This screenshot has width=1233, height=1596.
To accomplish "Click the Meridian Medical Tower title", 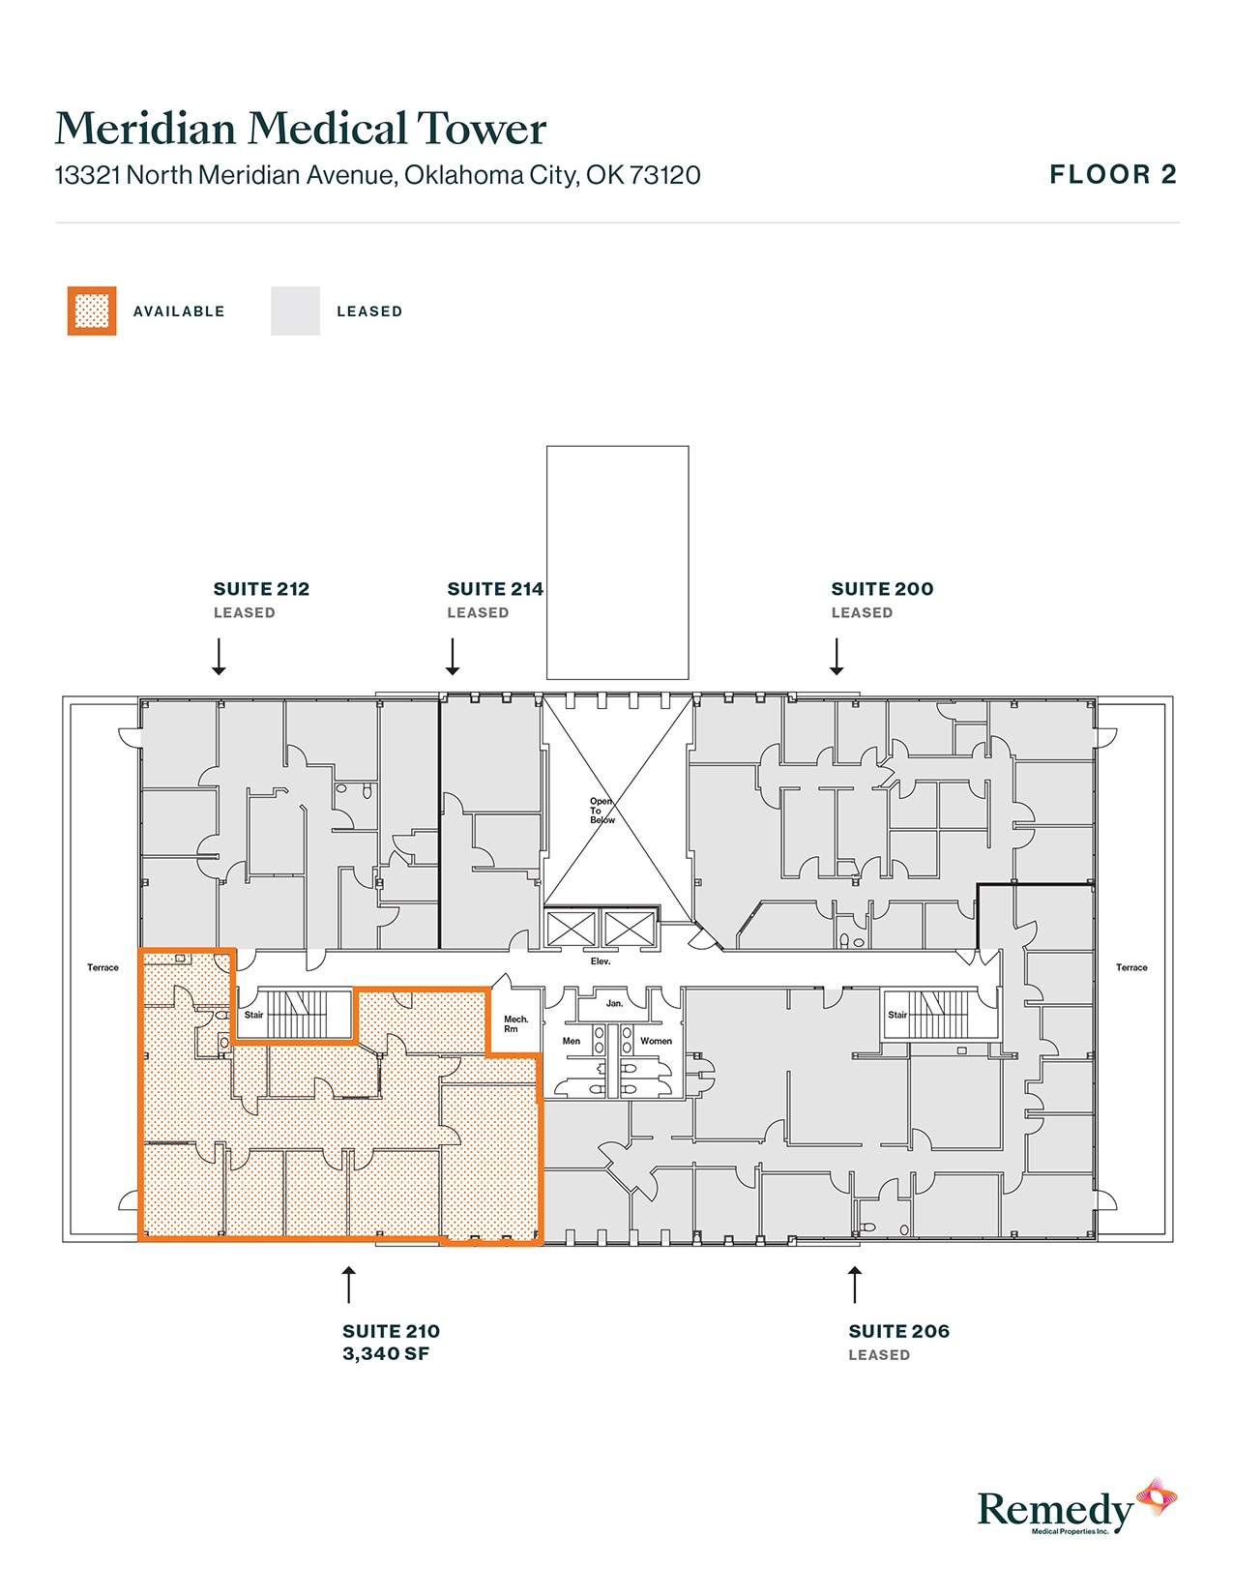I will coord(301,129).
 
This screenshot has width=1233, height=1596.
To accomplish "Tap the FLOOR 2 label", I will coord(1112,175).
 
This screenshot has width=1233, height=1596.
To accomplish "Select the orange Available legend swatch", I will coord(92,311).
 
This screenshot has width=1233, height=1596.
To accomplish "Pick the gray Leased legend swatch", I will coord(295,311).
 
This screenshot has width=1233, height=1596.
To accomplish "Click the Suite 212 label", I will coord(261,589).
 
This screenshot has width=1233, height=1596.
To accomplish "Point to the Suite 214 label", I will coord(494,589).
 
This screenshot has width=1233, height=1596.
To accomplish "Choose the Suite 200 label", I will coord(882,589).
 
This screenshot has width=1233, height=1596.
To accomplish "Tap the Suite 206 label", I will coord(898,1332).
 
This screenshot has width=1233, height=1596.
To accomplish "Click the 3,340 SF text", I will coord(386,1354).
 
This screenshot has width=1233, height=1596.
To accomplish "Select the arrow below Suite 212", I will coord(220,657).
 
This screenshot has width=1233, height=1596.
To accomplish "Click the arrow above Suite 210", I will coord(349,1285).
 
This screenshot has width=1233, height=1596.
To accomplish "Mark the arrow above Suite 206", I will coord(854,1285).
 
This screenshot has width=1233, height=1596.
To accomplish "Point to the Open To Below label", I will coord(602,811).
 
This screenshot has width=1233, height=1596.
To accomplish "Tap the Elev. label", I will coord(601,961).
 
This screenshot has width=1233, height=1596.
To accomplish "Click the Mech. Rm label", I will coord(515,1023).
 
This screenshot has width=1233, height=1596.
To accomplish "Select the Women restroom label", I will coord(656,1042).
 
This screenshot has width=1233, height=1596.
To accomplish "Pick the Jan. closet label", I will coord(614,1004).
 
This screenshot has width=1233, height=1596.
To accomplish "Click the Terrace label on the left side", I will coord(103,967).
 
